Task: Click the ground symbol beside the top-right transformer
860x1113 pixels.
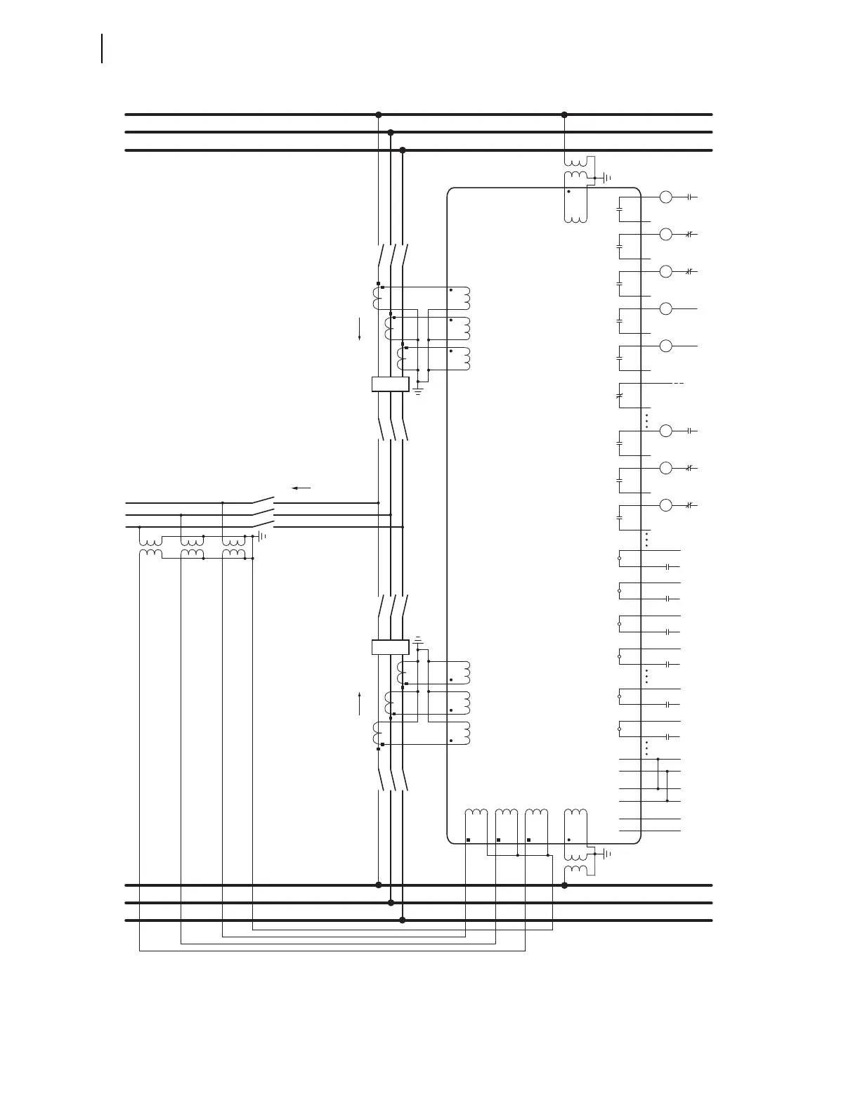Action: click(x=607, y=178)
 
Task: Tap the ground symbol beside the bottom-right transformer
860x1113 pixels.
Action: click(x=607, y=854)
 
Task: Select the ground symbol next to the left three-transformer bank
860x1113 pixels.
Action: click(x=263, y=536)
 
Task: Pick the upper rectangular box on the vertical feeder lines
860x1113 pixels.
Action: click(x=390, y=384)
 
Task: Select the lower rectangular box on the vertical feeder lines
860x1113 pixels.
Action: click(x=390, y=647)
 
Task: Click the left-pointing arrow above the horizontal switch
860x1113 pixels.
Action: click(x=301, y=488)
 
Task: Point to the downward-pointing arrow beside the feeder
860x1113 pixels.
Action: click(x=360, y=329)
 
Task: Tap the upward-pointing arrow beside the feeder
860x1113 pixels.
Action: click(x=360, y=703)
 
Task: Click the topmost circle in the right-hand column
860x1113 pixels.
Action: click(x=665, y=197)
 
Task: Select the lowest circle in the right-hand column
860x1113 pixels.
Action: click(x=665, y=505)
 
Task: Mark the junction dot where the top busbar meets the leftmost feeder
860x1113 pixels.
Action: click(x=379, y=115)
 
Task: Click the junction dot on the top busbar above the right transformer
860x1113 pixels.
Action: click(x=564, y=115)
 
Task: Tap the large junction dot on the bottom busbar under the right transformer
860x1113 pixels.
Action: click(x=564, y=885)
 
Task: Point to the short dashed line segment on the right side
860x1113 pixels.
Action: click(x=679, y=384)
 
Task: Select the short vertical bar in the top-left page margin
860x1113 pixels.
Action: click(x=103, y=48)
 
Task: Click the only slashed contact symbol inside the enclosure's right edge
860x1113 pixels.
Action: click(x=619, y=396)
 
